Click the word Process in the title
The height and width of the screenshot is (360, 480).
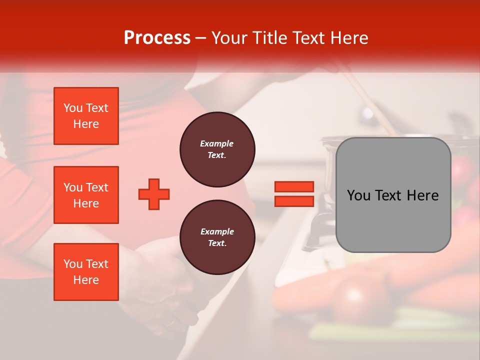[x=157, y=38]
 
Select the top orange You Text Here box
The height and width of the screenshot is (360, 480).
[x=86, y=116]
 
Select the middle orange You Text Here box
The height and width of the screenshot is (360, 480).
[x=86, y=195]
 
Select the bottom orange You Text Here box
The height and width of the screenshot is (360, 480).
[x=86, y=272]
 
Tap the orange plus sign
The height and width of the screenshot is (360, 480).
[x=154, y=194]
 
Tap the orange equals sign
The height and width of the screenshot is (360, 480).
[x=294, y=194]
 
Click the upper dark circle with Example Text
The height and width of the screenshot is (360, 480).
[x=217, y=149]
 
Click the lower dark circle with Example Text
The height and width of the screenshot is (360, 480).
[x=217, y=237]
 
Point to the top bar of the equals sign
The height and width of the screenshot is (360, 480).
[x=294, y=187]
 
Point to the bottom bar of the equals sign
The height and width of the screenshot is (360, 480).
[x=294, y=201]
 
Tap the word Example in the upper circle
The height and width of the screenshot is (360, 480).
[x=217, y=144]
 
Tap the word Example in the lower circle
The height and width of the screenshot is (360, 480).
[x=217, y=232]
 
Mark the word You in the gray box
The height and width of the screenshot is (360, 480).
[x=358, y=195]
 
